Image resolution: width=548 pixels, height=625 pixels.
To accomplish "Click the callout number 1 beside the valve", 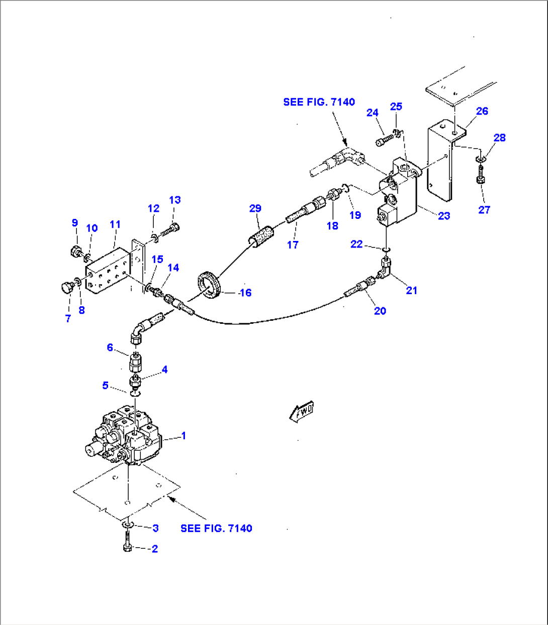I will [184, 435].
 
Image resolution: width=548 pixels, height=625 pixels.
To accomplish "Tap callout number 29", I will [255, 208].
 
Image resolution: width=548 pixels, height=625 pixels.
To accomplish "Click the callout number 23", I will [444, 216].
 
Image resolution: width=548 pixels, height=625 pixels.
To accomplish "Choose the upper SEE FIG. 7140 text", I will [319, 102].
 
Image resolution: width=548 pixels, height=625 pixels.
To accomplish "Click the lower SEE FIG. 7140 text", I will [216, 528].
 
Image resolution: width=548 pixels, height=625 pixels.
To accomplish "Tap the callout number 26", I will [482, 111].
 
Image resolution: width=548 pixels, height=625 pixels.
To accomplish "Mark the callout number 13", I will [174, 200].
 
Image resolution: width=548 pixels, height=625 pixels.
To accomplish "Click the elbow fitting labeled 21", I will [385, 269].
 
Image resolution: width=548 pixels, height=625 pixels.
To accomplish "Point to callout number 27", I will [484, 210].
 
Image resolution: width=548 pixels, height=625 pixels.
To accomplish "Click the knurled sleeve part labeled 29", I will [262, 235].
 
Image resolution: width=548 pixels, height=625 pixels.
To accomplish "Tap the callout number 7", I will [68, 318].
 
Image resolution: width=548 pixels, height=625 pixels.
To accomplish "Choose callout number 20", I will [380, 311].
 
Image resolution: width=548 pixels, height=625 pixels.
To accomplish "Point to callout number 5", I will [105, 386].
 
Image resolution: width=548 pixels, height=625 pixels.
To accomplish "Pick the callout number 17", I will [293, 244].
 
